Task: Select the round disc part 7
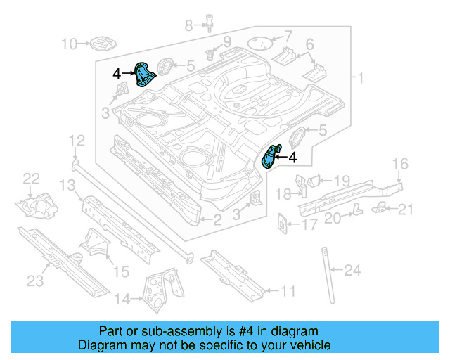click(261, 44)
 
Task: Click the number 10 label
click(69, 44)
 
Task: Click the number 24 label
click(353, 269)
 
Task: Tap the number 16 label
click(399, 165)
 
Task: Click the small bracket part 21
click(380, 206)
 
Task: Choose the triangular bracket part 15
click(96, 245)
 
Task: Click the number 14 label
click(122, 300)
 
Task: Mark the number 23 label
click(35, 281)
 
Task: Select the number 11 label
click(288, 290)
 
